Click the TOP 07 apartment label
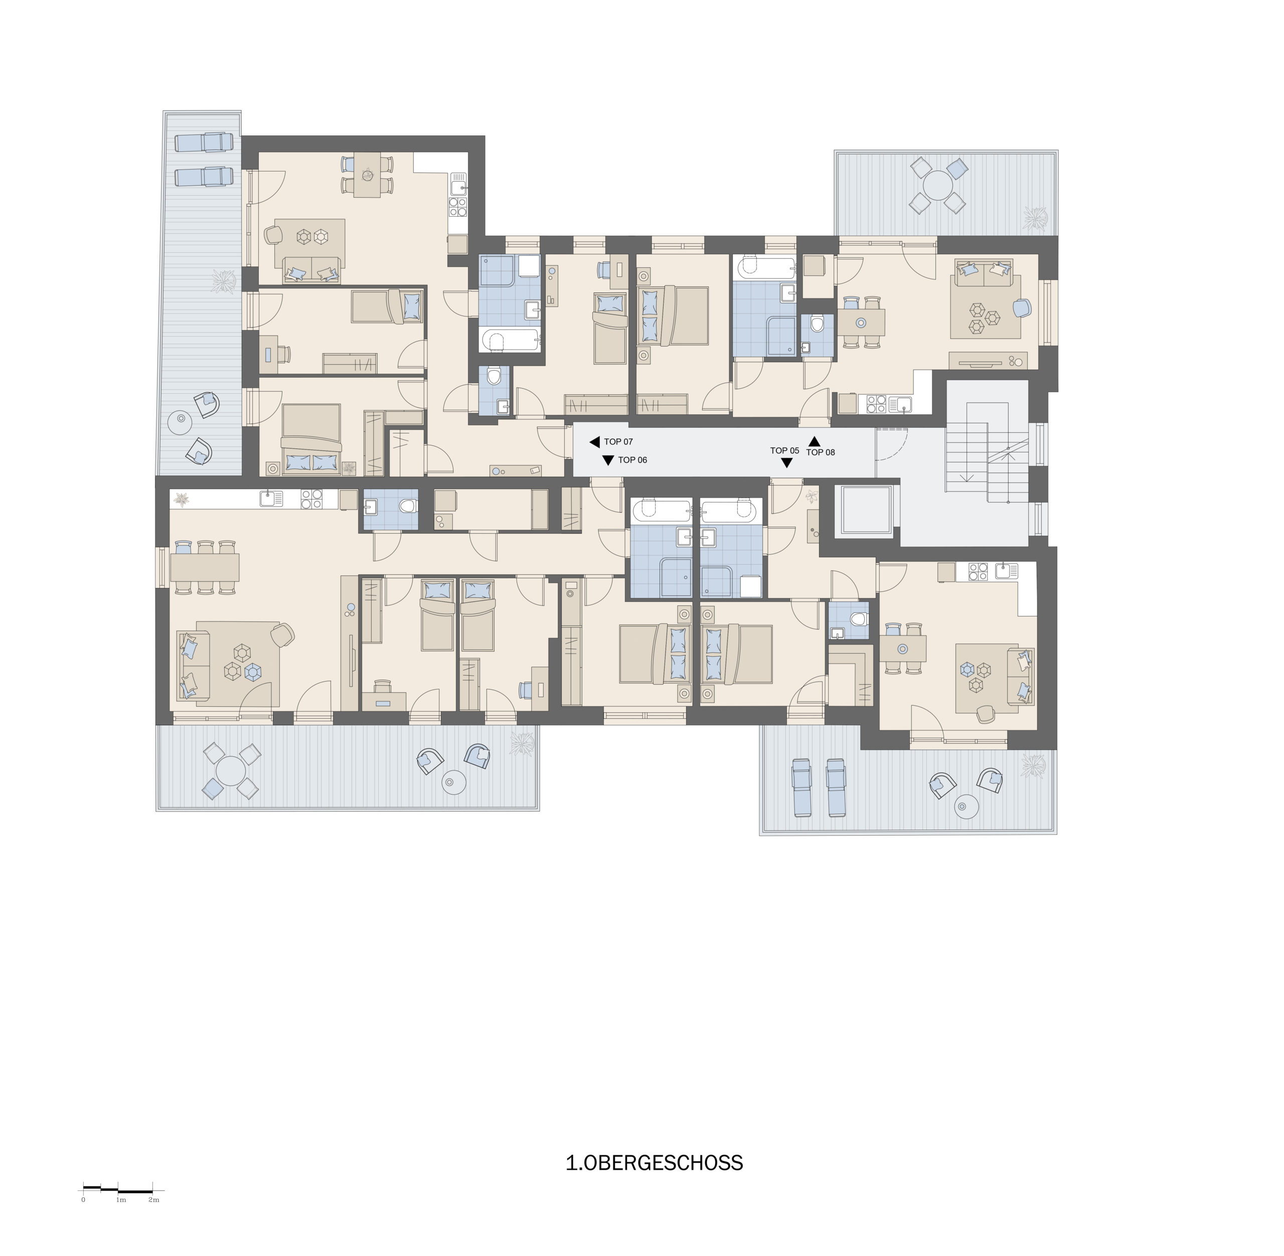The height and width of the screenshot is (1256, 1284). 618,442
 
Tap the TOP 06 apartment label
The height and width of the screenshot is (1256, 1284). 632,460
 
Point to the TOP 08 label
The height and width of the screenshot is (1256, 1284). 821,452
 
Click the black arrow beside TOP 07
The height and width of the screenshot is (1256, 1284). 594,442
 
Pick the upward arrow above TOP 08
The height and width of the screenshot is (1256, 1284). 815,441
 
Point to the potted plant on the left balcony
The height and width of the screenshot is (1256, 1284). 224,280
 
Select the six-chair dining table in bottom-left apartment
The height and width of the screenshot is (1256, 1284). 205,567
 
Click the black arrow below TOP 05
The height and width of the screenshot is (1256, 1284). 786,463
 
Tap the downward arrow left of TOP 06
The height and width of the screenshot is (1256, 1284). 608,460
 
